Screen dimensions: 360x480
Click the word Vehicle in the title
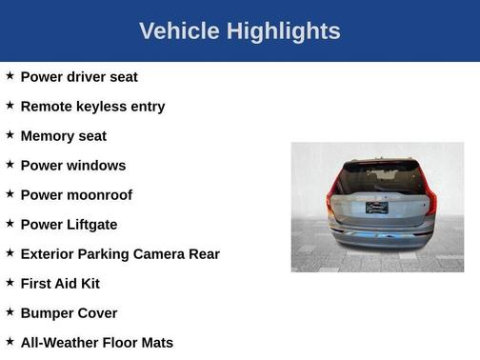[179, 31]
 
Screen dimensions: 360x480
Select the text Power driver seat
[79, 77]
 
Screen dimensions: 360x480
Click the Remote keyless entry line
[92, 107]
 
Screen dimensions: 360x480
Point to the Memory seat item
[63, 136]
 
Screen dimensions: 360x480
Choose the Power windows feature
[72, 166]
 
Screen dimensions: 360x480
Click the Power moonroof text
[76, 195]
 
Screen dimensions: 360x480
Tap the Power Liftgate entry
[69, 225]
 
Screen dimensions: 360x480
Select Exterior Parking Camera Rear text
[120, 254]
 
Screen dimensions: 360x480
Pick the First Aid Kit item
[60, 284]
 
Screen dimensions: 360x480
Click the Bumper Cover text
[69, 313]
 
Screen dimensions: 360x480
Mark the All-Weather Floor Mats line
[96, 343]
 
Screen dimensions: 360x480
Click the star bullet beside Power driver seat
[10, 75]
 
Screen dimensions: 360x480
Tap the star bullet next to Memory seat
[10, 134]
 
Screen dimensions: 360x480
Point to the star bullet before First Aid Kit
[10, 282]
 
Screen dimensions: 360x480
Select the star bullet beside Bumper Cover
[10, 311]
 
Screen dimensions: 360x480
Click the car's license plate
[378, 207]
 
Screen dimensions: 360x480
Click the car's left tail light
[331, 198]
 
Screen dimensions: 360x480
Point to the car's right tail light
[430, 198]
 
